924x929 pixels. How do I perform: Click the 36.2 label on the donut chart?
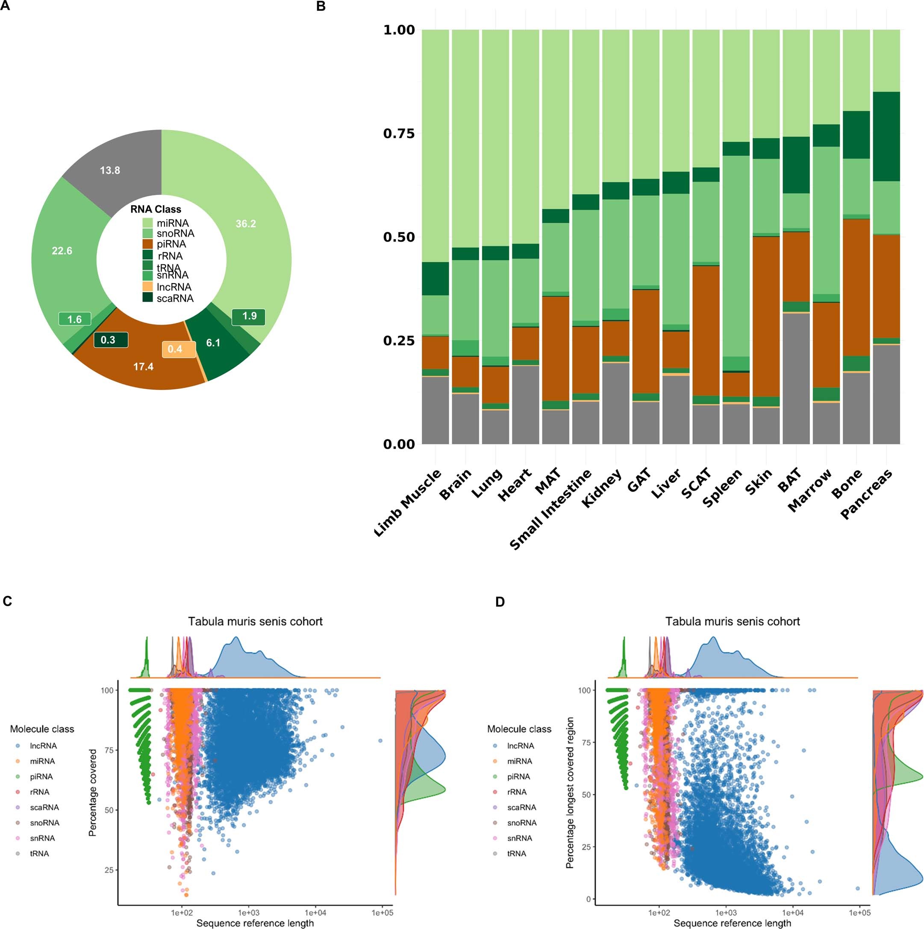[246, 224]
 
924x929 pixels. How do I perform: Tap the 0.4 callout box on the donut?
[175, 349]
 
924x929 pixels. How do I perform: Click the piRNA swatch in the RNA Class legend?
[147, 244]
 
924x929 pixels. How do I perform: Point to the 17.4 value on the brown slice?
[143, 367]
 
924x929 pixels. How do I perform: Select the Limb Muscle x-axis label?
[407, 502]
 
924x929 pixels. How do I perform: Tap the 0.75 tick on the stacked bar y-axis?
[398, 133]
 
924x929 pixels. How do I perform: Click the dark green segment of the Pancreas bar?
[886, 136]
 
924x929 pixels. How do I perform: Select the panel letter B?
[321, 6]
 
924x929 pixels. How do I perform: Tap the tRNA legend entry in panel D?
[517, 853]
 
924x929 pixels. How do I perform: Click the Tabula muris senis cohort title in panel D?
[732, 621]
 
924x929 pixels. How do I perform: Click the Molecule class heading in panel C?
[42, 729]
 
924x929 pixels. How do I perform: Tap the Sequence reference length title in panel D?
[732, 923]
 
